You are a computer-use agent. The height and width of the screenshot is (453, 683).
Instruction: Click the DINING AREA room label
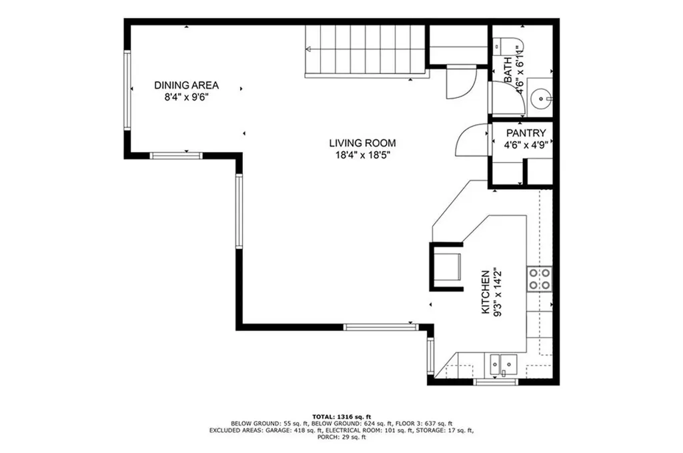187,85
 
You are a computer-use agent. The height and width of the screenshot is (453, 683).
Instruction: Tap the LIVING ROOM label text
362,143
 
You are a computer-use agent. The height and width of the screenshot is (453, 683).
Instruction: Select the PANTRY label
526,133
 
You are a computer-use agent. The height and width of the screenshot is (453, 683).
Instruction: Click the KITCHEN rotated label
486,291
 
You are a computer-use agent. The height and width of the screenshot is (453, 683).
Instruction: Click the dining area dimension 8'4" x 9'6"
187,97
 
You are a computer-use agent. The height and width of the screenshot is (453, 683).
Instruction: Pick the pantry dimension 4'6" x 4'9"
526,144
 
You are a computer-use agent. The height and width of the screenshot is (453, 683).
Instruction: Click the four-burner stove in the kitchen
539,278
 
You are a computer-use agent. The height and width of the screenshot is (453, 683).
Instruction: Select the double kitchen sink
504,364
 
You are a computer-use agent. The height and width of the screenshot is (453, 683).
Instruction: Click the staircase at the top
366,51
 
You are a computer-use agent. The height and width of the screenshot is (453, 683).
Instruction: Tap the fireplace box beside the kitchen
446,266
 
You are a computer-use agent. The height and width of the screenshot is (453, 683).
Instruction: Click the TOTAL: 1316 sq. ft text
341,416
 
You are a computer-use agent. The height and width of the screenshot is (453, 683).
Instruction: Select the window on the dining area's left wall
126,90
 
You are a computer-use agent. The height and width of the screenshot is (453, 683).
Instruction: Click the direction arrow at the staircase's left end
309,49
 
